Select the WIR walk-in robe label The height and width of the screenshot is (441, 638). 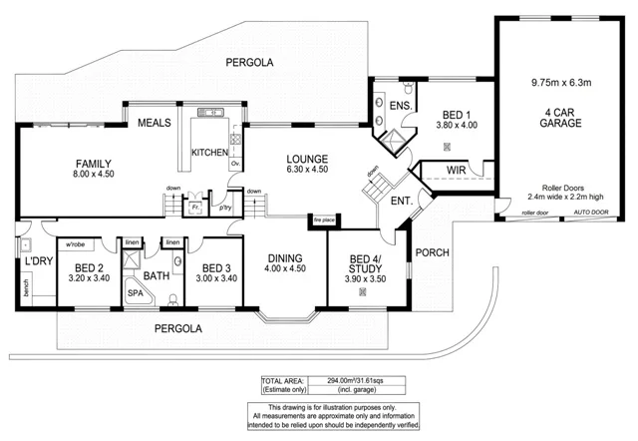[457, 171]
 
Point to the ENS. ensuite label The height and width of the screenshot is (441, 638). [400, 107]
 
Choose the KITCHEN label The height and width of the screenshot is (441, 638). [209, 153]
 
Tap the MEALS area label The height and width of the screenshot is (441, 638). [155, 123]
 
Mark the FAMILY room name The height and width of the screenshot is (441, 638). [93, 164]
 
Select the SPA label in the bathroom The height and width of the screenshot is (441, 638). [135, 294]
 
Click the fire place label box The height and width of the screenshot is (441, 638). [323, 219]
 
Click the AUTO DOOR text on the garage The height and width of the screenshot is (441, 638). [592, 213]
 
